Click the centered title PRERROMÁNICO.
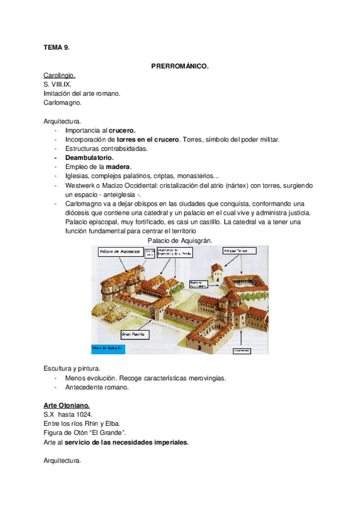pos(180,66)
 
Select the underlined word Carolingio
pos(59,76)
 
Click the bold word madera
pos(118,167)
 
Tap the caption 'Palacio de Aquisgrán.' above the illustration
pos(180,241)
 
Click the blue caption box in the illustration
pos(108,348)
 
